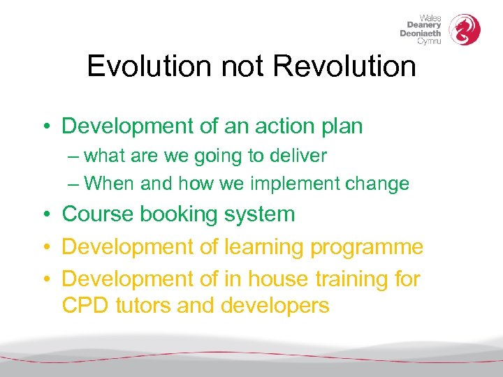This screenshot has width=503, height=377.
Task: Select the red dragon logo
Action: pyautogui.click(x=465, y=30)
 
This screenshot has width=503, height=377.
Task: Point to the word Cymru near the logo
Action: pyautogui.click(x=429, y=41)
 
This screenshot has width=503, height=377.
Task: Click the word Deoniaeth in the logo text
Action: pyautogui.click(x=421, y=34)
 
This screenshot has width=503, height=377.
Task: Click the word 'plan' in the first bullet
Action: pyautogui.click(x=341, y=127)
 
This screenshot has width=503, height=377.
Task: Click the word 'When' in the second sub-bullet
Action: pyautogui.click(x=110, y=184)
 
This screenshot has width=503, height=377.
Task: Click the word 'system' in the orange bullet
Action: pyautogui.click(x=261, y=215)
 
